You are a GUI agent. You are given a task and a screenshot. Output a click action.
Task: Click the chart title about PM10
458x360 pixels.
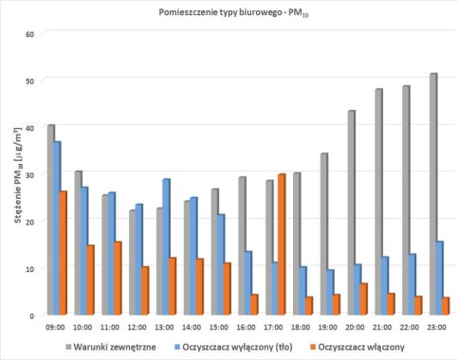[233, 12]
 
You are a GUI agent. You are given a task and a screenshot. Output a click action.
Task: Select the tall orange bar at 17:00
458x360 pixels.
[282, 244]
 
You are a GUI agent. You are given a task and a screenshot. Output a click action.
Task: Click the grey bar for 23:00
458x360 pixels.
[433, 194]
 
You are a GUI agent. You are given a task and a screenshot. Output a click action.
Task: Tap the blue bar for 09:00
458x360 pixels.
[57, 228]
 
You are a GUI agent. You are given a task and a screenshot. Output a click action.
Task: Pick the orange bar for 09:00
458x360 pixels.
[63, 253]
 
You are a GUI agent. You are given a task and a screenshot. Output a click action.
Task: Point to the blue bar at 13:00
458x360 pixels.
[166, 246]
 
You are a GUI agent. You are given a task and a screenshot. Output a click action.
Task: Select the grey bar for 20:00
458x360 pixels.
[351, 212]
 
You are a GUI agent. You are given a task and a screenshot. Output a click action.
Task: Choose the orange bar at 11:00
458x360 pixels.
[118, 279]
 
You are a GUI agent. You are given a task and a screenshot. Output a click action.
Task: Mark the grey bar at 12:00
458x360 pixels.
[133, 262]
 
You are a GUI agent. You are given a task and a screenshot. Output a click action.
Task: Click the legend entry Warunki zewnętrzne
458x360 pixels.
[111, 347]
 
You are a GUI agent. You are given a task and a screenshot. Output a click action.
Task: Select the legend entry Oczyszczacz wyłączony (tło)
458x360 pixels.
[233, 347]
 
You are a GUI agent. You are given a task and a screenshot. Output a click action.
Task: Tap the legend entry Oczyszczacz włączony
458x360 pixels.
[357, 347]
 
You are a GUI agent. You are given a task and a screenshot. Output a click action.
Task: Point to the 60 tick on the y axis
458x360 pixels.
[29, 34]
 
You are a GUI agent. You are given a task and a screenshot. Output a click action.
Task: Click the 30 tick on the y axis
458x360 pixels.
[29, 174]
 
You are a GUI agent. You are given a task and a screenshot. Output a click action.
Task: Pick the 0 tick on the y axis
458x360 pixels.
[31, 315]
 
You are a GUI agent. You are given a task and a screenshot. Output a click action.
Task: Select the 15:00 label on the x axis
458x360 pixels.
[219, 327]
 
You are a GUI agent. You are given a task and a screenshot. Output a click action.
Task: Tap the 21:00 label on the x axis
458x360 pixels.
[382, 327]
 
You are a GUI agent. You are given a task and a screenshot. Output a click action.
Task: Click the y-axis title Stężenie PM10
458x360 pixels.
[18, 174]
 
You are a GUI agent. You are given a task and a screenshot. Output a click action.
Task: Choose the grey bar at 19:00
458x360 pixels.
[324, 234]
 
